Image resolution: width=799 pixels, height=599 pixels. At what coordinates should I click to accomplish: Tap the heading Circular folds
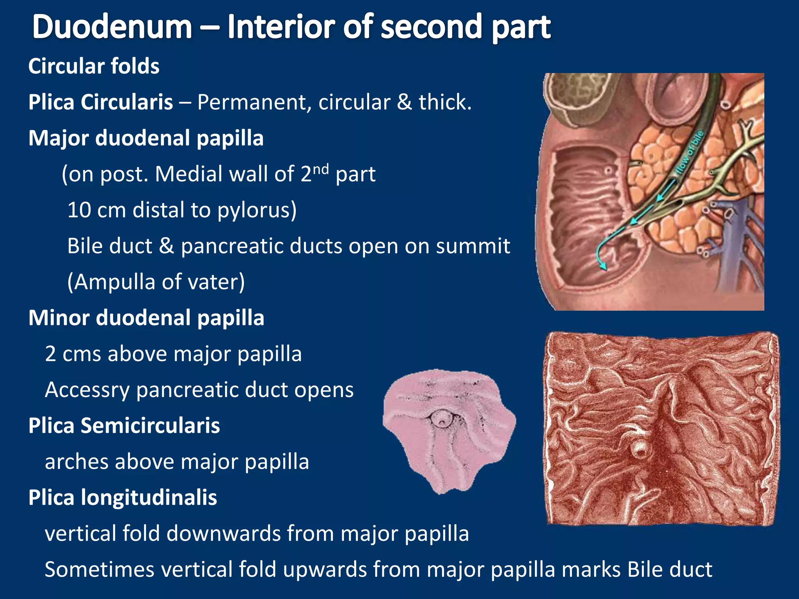(x=94, y=66)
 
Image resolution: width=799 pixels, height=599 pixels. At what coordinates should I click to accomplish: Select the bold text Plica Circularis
(x=101, y=102)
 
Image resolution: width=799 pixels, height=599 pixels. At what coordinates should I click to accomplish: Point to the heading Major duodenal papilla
(x=146, y=138)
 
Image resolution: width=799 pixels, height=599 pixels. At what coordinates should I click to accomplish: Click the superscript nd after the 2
(x=321, y=169)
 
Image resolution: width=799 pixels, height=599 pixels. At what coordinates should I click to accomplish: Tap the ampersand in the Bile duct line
(x=167, y=246)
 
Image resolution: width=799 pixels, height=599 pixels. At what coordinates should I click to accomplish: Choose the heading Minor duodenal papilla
(x=146, y=318)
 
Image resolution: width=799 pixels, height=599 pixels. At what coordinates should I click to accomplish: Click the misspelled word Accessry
(x=87, y=390)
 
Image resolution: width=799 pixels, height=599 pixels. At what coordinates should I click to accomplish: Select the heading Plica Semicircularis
(x=124, y=425)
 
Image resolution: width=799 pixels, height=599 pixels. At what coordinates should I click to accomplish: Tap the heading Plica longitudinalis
(x=123, y=498)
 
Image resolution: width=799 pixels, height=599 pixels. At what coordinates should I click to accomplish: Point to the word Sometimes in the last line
(x=99, y=569)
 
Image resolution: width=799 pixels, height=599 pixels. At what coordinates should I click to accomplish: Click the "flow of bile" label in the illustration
(x=689, y=152)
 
